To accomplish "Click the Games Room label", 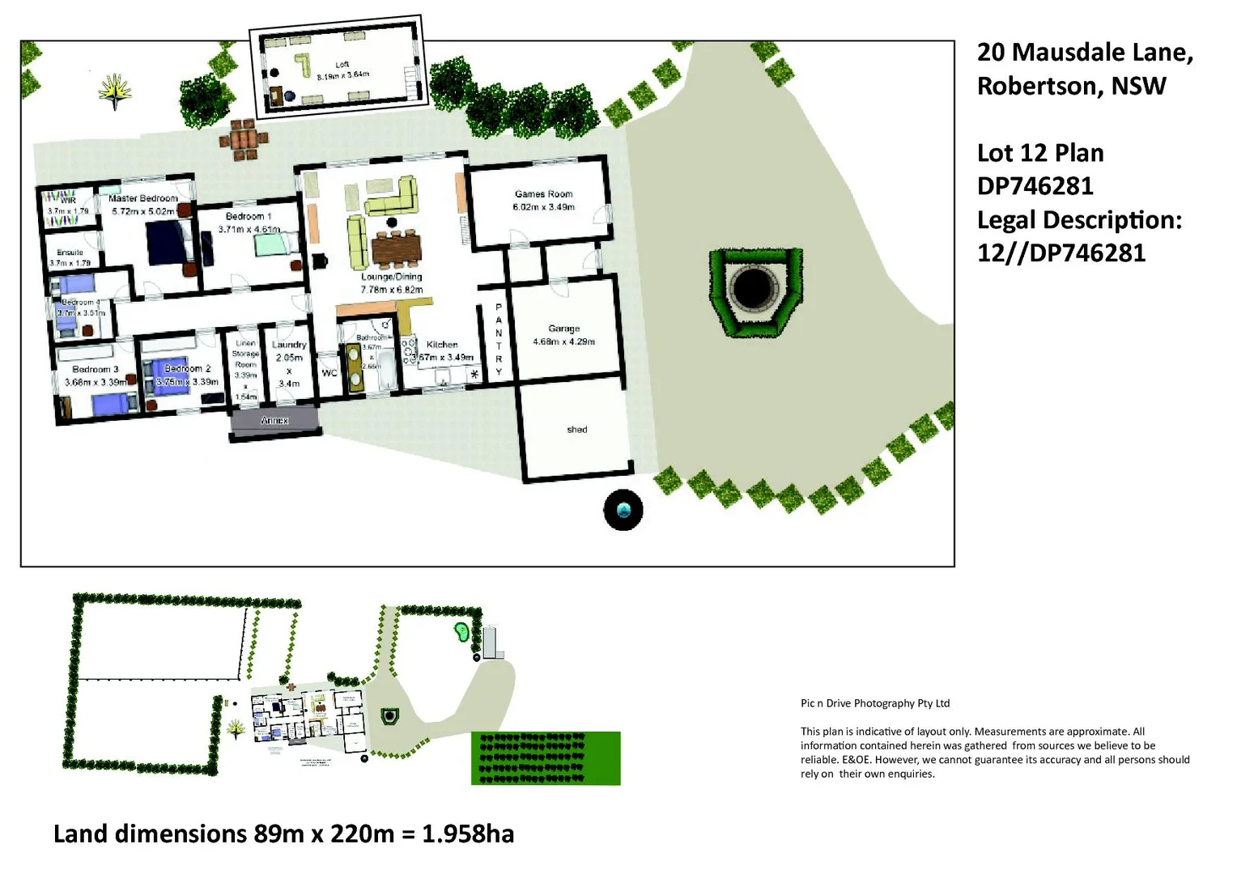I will click(x=543, y=194).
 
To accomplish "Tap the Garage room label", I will click(x=563, y=329).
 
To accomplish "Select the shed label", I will click(x=576, y=430).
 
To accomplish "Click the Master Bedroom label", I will click(x=143, y=198).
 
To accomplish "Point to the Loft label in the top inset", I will click(x=342, y=65).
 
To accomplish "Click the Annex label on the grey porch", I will click(x=274, y=421).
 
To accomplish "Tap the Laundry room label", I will click(x=289, y=345).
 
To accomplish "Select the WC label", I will click(x=329, y=373).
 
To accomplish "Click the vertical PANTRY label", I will click(x=499, y=340).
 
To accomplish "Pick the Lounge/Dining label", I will click(x=391, y=277).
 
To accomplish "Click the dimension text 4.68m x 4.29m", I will click(x=563, y=342).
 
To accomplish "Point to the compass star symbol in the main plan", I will click(x=115, y=91).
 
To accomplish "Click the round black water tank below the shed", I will click(x=623, y=511).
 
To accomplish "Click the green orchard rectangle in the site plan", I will click(x=546, y=758).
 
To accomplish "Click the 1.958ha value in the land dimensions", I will click(x=468, y=834).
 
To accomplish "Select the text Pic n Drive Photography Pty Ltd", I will click(x=875, y=703).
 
